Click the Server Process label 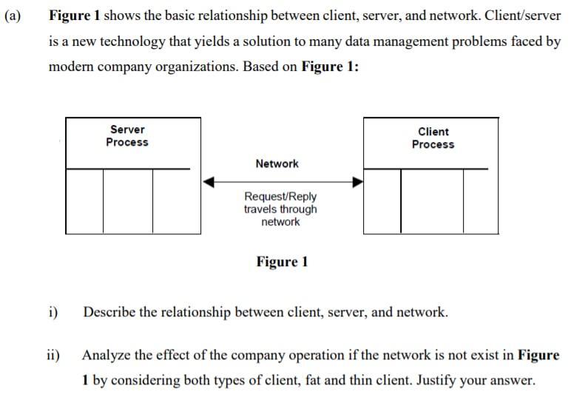point(127,136)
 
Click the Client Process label point(433,138)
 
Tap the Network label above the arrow point(277,163)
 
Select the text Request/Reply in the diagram point(280,197)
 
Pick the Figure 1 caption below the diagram point(282,262)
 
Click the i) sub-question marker point(53,312)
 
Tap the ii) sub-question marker point(54,355)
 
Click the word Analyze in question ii point(107,355)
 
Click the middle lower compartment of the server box point(128,201)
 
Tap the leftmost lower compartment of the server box point(84,201)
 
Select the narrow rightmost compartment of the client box point(476,201)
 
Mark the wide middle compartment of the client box point(433,201)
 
